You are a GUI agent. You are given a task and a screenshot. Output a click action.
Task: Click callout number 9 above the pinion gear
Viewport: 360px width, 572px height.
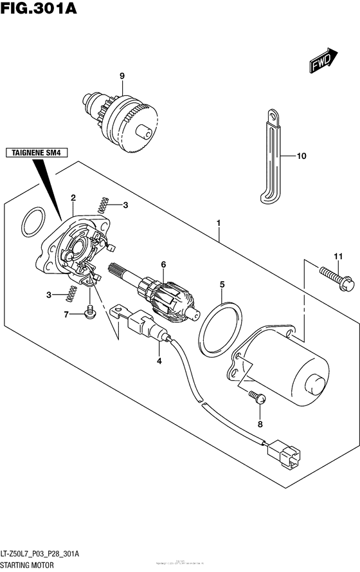[x=121, y=77]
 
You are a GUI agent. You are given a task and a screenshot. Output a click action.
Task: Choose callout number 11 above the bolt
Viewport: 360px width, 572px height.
[x=336, y=257]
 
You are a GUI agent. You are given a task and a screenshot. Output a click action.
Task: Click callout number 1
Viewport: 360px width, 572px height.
[x=219, y=224]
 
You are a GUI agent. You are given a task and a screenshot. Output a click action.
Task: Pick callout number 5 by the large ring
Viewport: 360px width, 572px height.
[x=222, y=284]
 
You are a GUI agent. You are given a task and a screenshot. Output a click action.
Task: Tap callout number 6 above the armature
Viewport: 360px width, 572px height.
[x=163, y=264]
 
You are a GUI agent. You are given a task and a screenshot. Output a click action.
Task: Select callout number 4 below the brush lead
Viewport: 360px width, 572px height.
[x=159, y=361]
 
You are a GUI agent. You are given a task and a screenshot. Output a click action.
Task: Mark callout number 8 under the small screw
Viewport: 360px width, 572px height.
[x=260, y=424]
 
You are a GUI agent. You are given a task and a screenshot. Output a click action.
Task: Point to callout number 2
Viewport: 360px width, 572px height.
[x=73, y=198]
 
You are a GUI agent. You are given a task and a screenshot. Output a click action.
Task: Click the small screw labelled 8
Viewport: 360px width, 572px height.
[x=258, y=400]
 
